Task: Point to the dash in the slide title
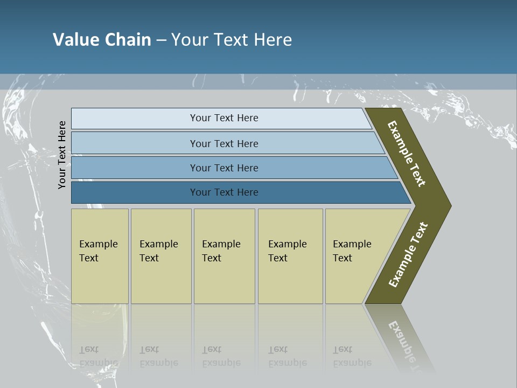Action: (161, 40)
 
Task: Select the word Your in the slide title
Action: (189, 40)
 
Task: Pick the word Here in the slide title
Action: (273, 40)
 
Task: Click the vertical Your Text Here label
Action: (62, 155)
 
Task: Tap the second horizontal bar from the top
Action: (223, 143)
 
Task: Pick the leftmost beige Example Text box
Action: (100, 255)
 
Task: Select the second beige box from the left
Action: (161, 255)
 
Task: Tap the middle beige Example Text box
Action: (224, 255)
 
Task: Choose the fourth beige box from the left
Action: (290, 255)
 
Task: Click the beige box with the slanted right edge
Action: (355, 255)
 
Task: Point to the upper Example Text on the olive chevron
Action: (407, 154)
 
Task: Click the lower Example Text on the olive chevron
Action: (408, 255)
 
